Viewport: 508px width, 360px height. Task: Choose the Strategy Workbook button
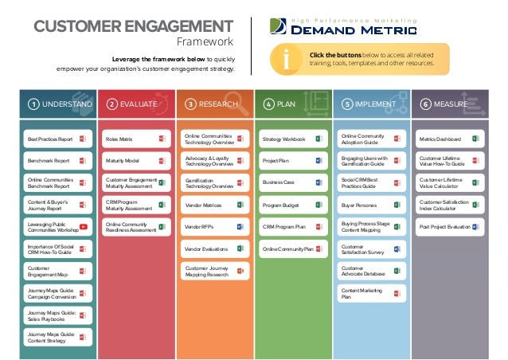291,139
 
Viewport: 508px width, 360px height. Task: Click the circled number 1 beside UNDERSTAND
33,104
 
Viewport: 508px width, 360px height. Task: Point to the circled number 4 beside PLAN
268,104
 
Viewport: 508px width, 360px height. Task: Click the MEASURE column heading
451,104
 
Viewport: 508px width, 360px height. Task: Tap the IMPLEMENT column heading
375,104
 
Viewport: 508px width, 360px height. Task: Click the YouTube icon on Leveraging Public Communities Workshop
83,227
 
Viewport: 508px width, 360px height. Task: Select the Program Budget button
291,205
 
